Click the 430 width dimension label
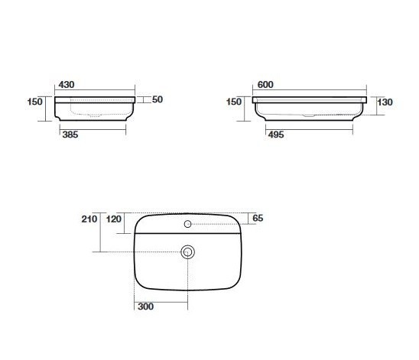pyautogui.click(x=67, y=85)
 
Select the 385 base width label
pyautogui.click(x=70, y=135)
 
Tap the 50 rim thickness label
pyautogui.click(x=158, y=99)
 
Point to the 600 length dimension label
pyautogui.click(x=265, y=85)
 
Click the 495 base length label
pyautogui.click(x=276, y=135)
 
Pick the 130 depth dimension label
pyautogui.click(x=385, y=102)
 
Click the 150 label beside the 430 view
pyautogui.click(x=35, y=102)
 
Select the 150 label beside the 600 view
pyautogui.click(x=234, y=102)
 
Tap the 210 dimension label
pyautogui.click(x=89, y=219)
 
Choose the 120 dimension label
pyautogui.click(x=114, y=219)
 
